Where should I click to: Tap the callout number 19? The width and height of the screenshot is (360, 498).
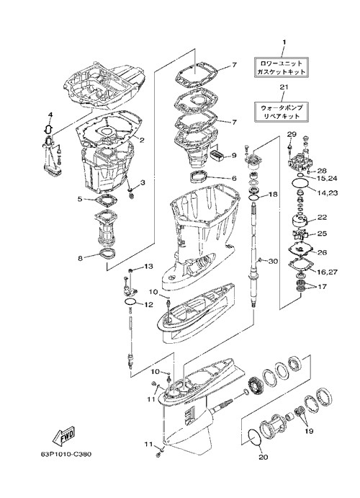tap(309, 431)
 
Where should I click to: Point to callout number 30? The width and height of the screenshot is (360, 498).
tap(273, 262)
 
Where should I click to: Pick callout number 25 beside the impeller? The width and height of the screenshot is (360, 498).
tap(322, 234)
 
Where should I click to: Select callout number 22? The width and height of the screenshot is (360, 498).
tap(322, 218)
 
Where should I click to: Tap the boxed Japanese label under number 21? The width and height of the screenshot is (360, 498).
tap(282, 112)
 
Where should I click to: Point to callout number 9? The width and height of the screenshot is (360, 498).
tap(234, 156)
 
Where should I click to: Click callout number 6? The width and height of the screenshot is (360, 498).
tap(234, 179)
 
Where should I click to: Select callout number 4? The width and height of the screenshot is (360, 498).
tap(50, 115)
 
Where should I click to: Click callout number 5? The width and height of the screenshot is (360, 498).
tap(80, 199)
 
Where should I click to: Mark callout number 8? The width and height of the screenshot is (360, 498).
tap(80, 258)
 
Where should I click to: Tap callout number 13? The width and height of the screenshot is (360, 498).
tap(148, 266)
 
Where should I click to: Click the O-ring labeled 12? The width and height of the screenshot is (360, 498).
tap(130, 301)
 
